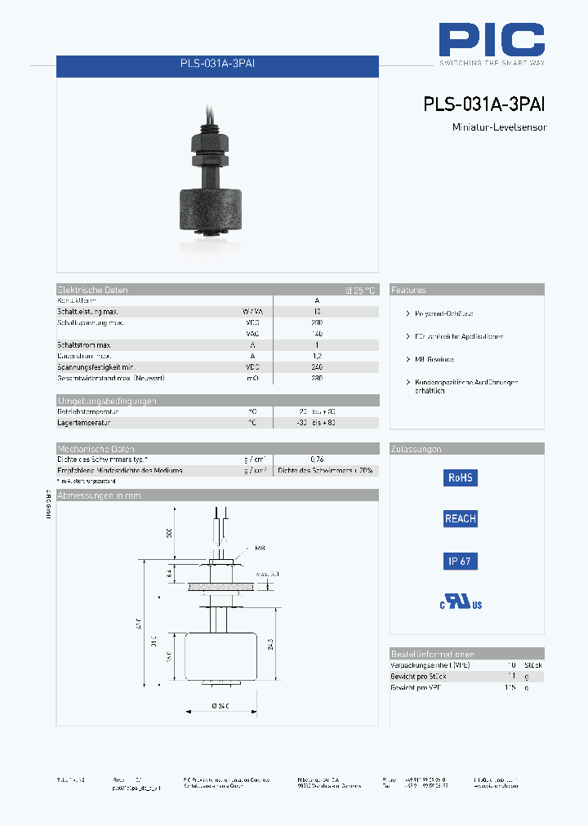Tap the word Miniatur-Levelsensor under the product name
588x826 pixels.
(x=498, y=127)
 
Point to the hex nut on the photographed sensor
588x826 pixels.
(x=210, y=144)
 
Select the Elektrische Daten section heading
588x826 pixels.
(x=92, y=290)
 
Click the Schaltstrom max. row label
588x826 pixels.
(x=84, y=345)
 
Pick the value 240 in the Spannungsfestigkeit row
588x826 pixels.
(x=317, y=367)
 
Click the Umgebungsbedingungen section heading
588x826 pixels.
(x=107, y=401)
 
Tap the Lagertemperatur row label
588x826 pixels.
(x=83, y=423)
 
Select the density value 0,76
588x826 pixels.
(x=317, y=460)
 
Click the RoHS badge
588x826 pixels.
(x=460, y=478)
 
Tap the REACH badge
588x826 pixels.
(x=460, y=518)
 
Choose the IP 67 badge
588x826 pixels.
(x=460, y=561)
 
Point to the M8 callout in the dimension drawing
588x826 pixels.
(x=260, y=548)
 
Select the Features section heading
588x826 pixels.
(x=408, y=290)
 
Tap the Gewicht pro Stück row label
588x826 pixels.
(x=417, y=677)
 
